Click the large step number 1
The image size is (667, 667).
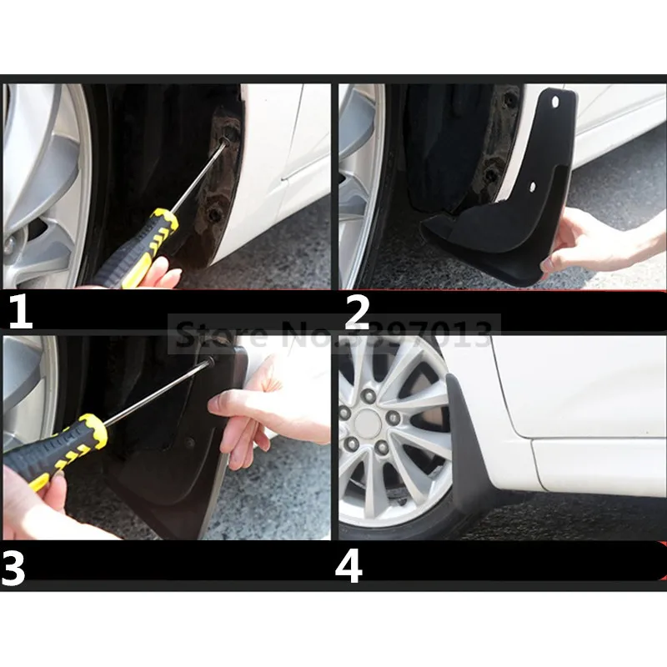pos(21,312)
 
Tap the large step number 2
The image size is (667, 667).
pos(358,312)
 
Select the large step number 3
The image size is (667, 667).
pos(13,567)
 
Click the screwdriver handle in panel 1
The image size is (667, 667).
pos(136,248)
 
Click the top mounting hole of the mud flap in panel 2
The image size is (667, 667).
pos(555,102)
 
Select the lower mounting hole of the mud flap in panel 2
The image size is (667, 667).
pos(532,186)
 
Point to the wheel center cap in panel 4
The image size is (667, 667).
pos(366,424)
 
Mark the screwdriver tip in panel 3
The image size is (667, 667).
pos(211,362)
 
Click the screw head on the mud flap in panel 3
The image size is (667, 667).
pos(190,443)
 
